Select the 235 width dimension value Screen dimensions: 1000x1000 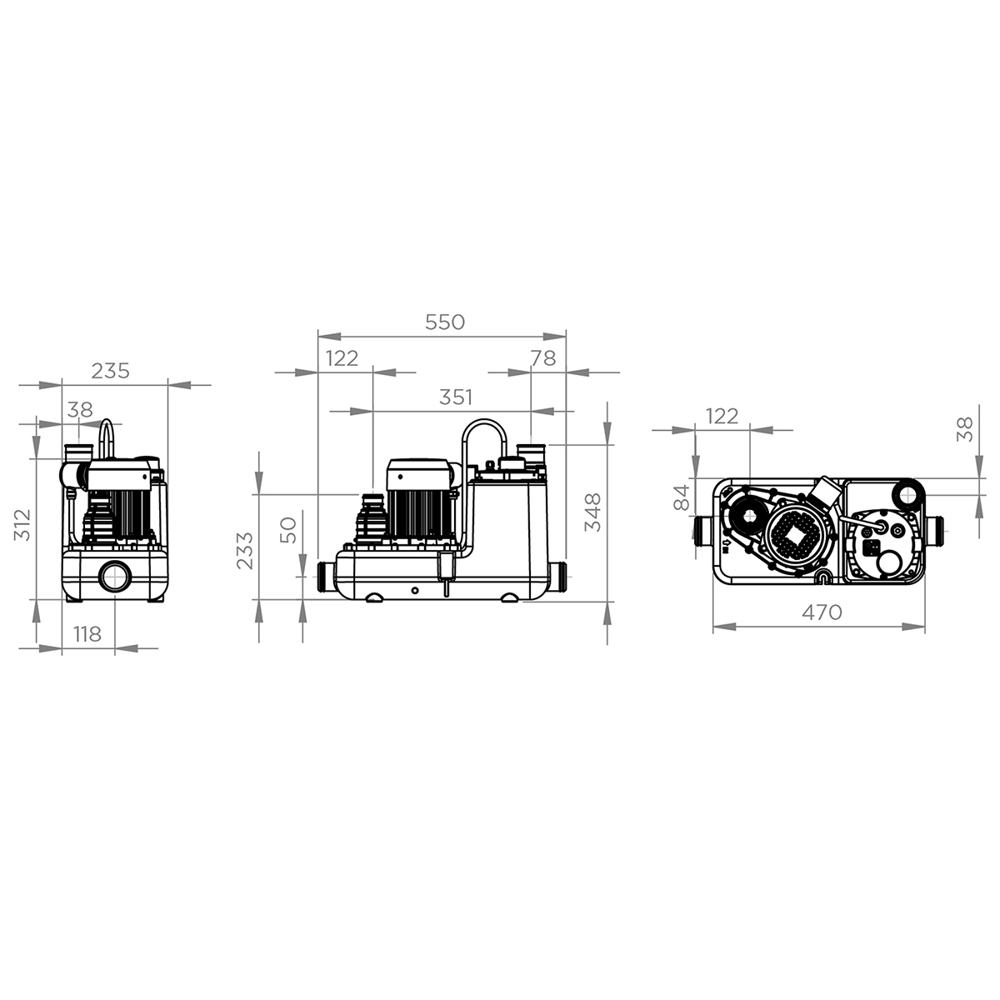click(111, 371)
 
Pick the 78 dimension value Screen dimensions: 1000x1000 click(542, 357)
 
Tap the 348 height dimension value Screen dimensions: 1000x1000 click(592, 512)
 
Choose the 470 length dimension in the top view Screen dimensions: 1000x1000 click(822, 612)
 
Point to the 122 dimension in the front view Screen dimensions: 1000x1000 click(342, 358)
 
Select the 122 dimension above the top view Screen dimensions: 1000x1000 click(722, 416)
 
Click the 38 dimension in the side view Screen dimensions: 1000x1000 click(80, 410)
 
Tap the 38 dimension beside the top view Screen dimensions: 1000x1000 click(964, 428)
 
